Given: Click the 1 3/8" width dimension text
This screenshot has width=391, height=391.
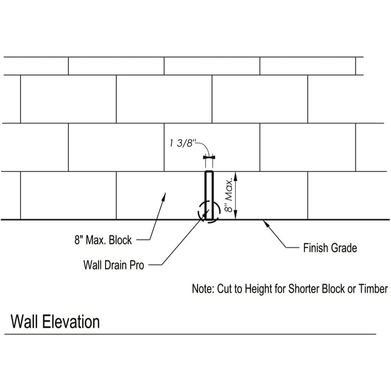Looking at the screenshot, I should (182, 144).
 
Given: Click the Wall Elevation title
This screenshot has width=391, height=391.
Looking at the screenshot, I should (55, 322).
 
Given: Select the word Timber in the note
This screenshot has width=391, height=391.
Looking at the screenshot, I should (374, 289).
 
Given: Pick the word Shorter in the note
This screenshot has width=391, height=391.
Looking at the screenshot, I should (302, 289).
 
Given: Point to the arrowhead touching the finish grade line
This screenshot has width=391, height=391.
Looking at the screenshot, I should (264, 222).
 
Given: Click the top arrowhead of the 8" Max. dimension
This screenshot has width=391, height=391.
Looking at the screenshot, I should (236, 175).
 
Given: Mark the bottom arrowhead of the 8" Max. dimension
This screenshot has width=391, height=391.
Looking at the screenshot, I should (236, 216).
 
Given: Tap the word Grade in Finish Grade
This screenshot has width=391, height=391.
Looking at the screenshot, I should (345, 248).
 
